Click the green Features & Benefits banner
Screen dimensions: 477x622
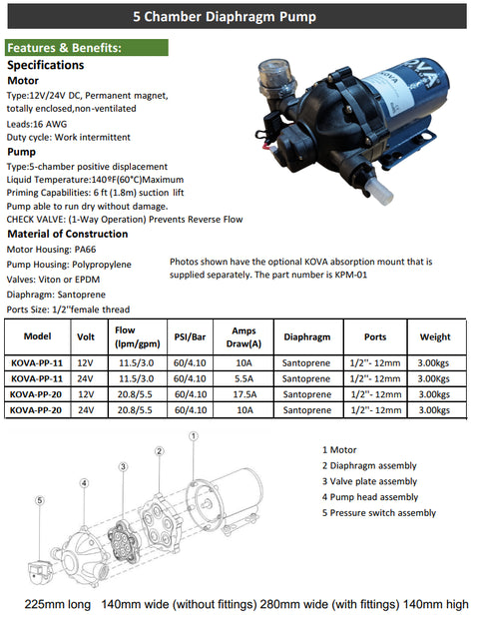pos(87,48)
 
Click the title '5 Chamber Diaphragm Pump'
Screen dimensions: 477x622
pos(225,17)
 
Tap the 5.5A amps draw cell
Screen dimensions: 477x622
pos(243,378)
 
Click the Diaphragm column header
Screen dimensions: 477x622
pos(307,337)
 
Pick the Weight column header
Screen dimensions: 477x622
pos(435,337)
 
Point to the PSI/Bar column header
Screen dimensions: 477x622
pos(190,337)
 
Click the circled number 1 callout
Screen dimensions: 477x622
pos(194,436)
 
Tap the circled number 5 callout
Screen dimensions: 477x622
pos(40,500)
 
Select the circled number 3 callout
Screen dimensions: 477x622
pos(123,467)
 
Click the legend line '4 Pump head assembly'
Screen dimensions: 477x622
pos(370,497)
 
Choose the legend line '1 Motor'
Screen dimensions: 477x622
pos(339,450)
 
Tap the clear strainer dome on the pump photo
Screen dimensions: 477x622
pos(276,75)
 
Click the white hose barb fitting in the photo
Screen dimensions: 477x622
pos(379,191)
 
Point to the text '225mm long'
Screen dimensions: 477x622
pos(58,605)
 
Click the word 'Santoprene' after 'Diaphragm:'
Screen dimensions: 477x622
pos(81,295)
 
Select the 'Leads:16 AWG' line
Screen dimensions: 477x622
pos(37,124)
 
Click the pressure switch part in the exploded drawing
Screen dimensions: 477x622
pos(40,571)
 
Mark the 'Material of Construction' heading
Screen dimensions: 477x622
pos(68,234)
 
